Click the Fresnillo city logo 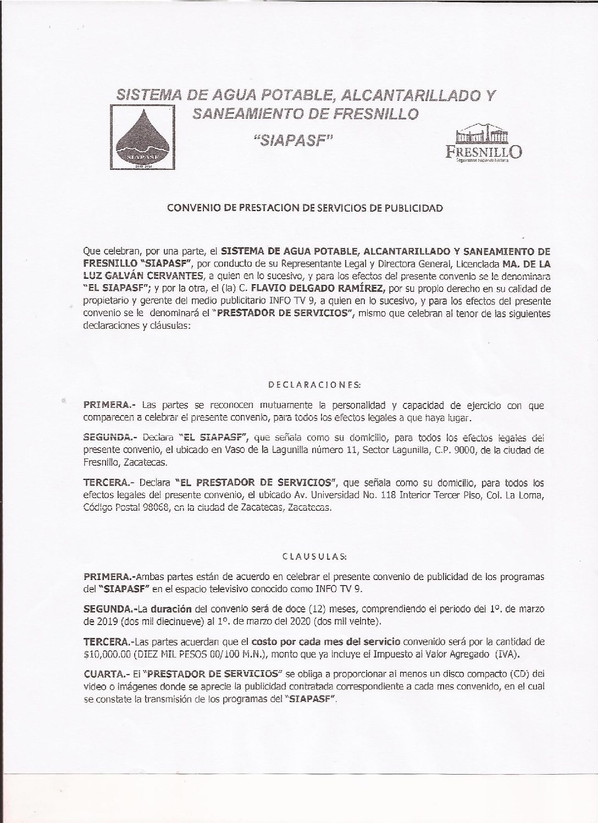click(483, 145)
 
